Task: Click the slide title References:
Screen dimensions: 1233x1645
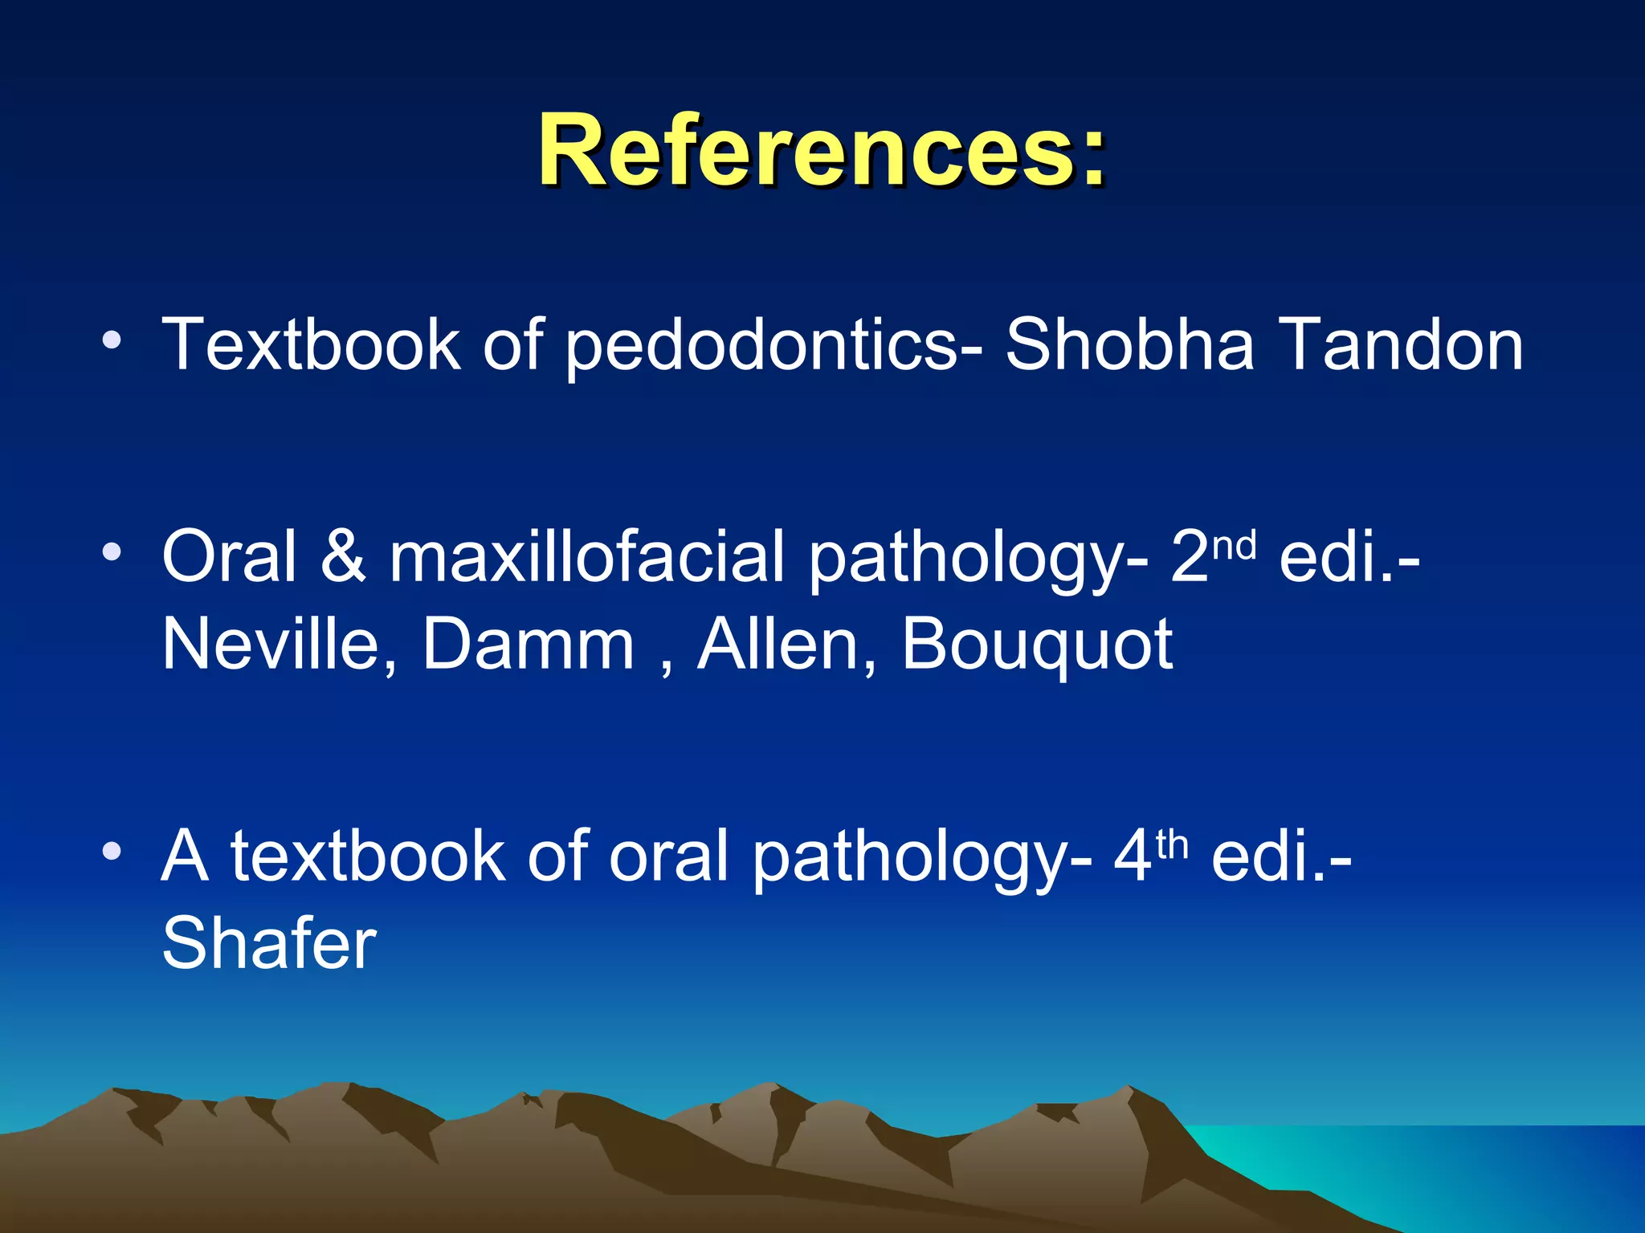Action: [822, 150]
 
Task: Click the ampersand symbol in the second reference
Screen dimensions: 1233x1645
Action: [343, 556]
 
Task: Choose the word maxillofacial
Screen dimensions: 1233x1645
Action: [586, 556]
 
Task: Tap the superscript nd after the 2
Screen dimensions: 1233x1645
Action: [1234, 547]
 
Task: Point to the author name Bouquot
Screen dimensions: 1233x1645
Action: [1037, 645]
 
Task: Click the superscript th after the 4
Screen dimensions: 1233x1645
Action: [1171, 845]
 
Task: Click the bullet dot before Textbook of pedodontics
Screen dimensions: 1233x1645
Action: [112, 340]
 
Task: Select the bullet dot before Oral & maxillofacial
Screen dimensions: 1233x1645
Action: [112, 551]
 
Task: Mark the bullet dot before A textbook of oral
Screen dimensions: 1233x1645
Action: [112, 850]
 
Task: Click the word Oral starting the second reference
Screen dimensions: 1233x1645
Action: [229, 556]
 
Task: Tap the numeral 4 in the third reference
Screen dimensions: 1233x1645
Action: [1133, 857]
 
